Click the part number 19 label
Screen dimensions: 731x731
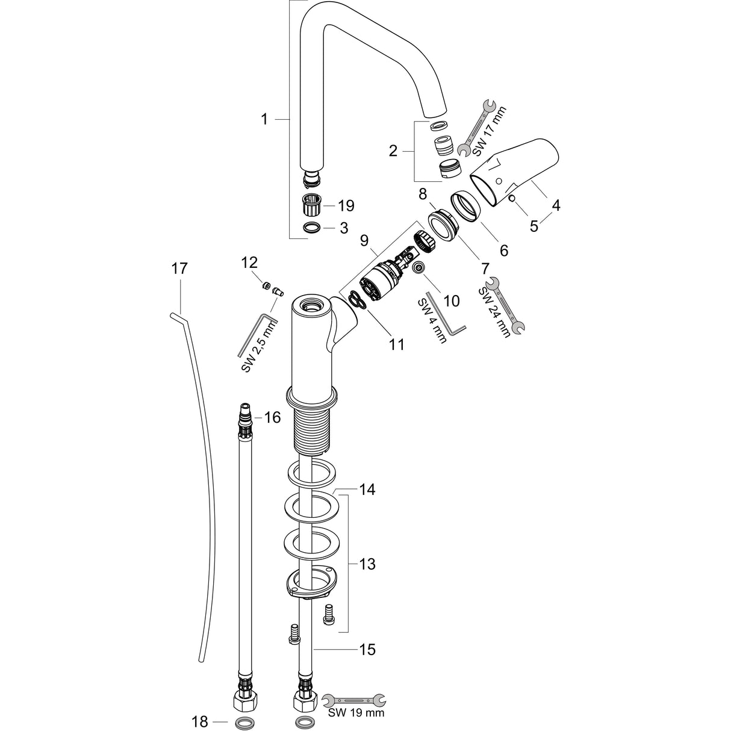pyautogui.click(x=346, y=206)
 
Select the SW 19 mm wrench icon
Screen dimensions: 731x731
pyautogui.click(x=354, y=700)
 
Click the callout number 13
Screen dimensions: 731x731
pyautogui.click(x=367, y=564)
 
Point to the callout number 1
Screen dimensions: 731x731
pyautogui.click(x=264, y=120)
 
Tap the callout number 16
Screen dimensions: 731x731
pyautogui.click(x=272, y=417)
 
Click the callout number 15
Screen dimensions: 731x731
pyautogui.click(x=367, y=649)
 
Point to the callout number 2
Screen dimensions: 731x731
pyautogui.click(x=393, y=151)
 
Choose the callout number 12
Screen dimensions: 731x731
pyautogui.click(x=249, y=263)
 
